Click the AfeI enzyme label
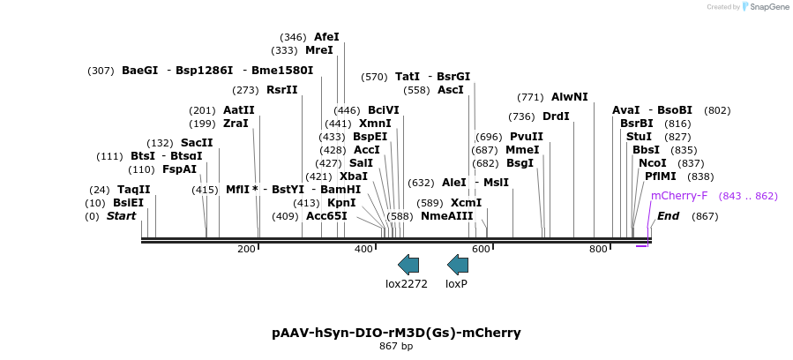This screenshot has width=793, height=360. click(x=326, y=37)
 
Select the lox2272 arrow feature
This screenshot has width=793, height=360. click(x=408, y=264)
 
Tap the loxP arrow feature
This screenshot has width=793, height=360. click(x=458, y=264)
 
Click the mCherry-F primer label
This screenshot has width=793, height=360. click(x=679, y=196)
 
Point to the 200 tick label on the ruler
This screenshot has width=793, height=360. click(x=246, y=250)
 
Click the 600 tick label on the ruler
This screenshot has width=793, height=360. click(x=481, y=250)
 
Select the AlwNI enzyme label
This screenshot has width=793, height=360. click(x=569, y=97)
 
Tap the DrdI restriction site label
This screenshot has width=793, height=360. click(x=556, y=116)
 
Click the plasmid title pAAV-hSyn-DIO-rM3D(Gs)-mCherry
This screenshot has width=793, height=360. click(x=396, y=333)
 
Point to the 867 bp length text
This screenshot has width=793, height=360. click(x=396, y=347)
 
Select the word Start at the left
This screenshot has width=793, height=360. click(x=122, y=216)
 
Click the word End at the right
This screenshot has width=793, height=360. click(x=669, y=216)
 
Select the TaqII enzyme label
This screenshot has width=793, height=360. click(x=134, y=190)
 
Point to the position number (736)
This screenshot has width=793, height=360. click(x=521, y=116)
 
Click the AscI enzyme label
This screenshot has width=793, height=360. click(x=451, y=90)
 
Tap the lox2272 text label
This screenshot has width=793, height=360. click(x=407, y=284)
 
